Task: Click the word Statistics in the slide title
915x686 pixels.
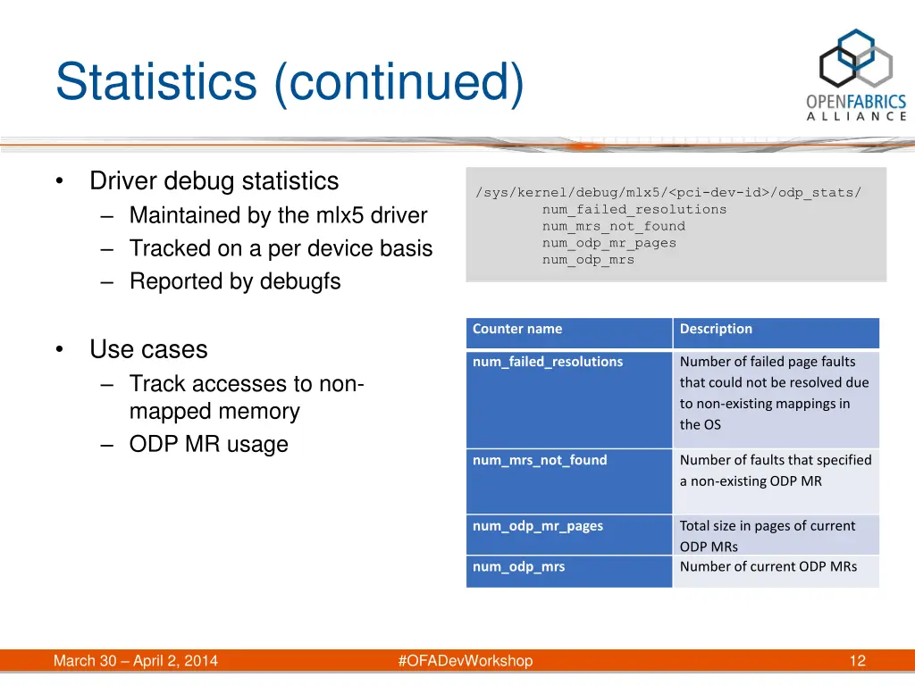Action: (x=155, y=82)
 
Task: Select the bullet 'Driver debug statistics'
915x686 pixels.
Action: (x=214, y=181)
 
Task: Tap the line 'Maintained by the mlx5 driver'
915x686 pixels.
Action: (x=278, y=215)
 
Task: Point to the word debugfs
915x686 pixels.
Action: (x=300, y=281)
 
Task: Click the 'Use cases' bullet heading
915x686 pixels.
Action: (x=148, y=349)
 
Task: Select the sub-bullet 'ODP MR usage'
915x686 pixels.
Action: (x=208, y=444)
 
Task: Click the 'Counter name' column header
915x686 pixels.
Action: (x=517, y=329)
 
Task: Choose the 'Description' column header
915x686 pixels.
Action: (x=716, y=329)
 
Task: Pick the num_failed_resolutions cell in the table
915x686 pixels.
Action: (x=548, y=362)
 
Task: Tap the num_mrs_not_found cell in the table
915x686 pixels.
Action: (x=540, y=460)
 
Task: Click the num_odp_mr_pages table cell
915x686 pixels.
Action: (x=538, y=526)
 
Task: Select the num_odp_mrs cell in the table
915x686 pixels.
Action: (x=518, y=566)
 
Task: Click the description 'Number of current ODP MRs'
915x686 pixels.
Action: (x=768, y=566)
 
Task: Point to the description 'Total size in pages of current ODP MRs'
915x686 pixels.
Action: (x=768, y=536)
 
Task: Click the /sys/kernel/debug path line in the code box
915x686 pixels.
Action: (x=668, y=192)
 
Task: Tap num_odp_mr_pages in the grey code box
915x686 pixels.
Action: (x=609, y=243)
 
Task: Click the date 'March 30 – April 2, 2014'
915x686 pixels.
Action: (x=136, y=661)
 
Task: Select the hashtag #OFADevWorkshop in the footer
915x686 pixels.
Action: (x=465, y=661)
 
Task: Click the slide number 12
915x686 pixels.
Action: (x=857, y=661)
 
